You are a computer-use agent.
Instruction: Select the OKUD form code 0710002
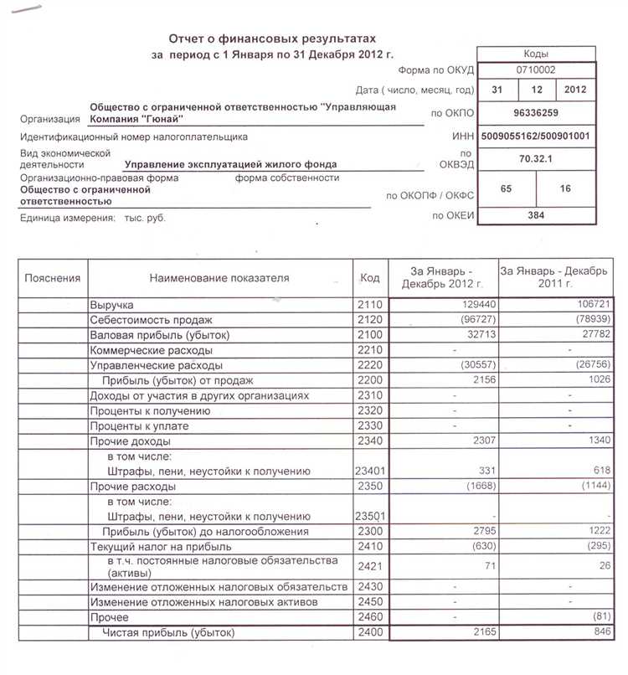click(536, 71)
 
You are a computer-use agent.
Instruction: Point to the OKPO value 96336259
click(536, 111)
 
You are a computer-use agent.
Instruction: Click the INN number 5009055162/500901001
click(536, 136)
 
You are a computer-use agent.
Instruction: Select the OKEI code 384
click(536, 216)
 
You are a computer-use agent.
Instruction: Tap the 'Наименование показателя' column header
click(219, 278)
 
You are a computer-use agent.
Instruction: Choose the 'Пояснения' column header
click(53, 278)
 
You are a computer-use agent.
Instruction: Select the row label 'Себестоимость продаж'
click(152, 321)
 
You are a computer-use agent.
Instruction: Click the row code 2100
click(369, 336)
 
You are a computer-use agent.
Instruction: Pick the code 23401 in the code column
click(369, 471)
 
